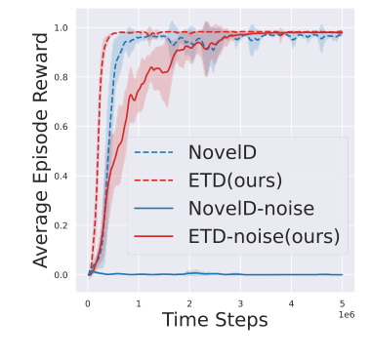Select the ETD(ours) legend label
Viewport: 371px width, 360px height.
(234, 180)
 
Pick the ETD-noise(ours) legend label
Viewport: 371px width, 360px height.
(263, 235)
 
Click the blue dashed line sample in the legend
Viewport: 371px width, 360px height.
(153, 153)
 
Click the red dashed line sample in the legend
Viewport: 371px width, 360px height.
(153, 180)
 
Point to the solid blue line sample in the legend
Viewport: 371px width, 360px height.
(153, 208)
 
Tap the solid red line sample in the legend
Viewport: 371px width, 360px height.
(153, 235)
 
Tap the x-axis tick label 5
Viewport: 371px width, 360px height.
(341, 302)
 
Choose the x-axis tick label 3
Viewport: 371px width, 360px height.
(239, 302)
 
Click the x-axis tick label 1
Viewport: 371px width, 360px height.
(139, 302)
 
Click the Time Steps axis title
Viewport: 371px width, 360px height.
(215, 321)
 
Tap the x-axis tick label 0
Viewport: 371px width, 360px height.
(88, 302)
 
